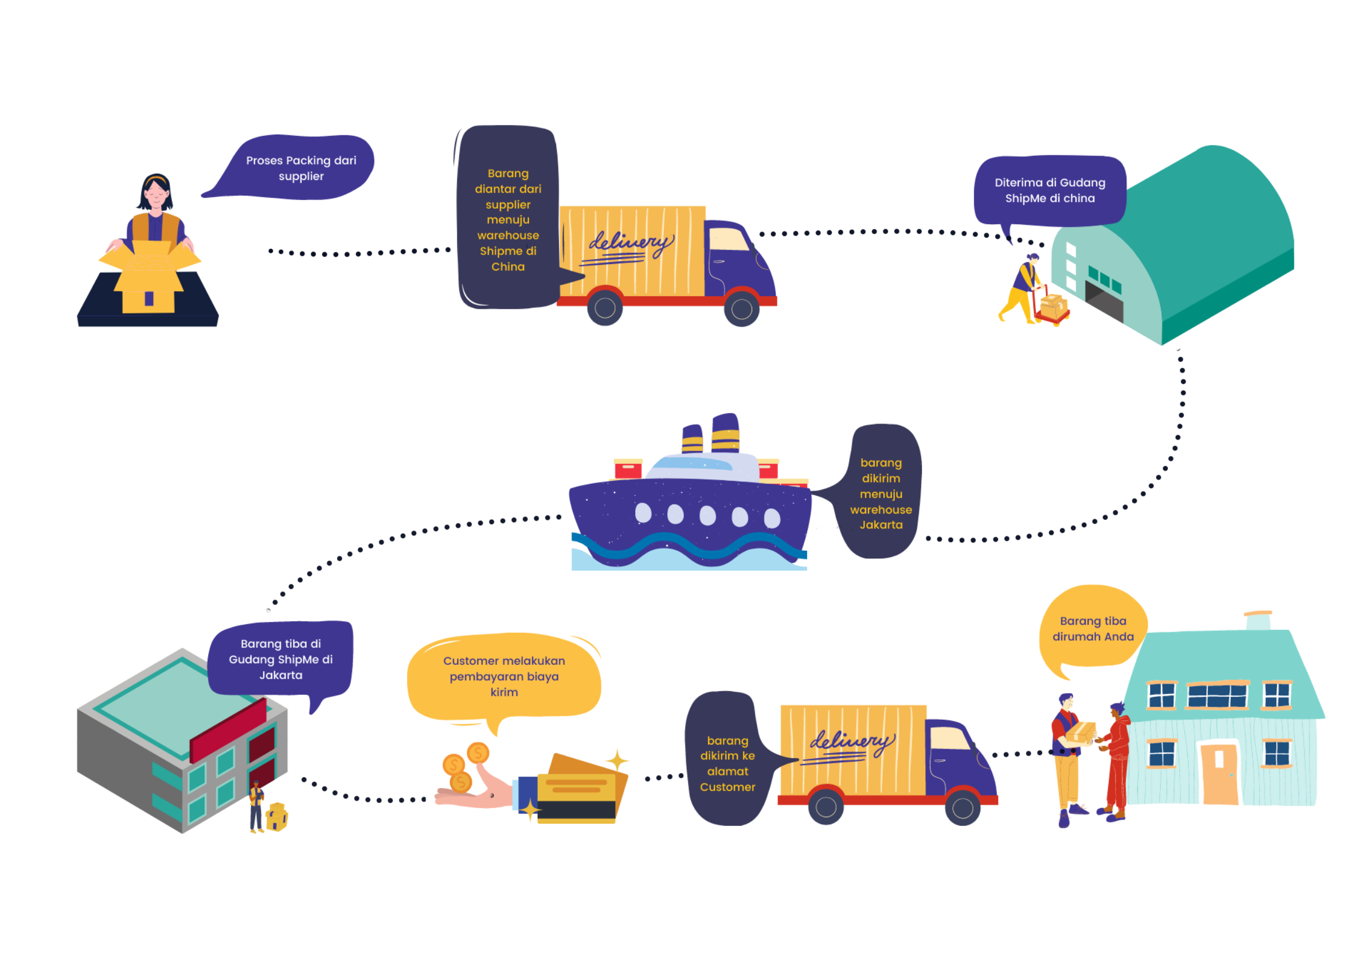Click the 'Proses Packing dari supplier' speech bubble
point(301,168)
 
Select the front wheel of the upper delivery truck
point(741,309)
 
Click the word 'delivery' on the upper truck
point(631,243)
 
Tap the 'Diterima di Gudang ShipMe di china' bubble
point(1050,191)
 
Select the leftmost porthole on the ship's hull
point(643,512)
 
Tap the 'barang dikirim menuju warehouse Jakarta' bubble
point(881,493)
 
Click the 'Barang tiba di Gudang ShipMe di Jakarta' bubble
point(281,659)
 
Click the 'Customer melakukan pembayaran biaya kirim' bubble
point(504,676)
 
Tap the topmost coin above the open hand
point(478,753)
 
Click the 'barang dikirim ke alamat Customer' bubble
point(727,763)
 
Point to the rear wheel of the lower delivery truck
point(826,807)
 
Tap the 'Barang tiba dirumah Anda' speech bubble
point(1092,629)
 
